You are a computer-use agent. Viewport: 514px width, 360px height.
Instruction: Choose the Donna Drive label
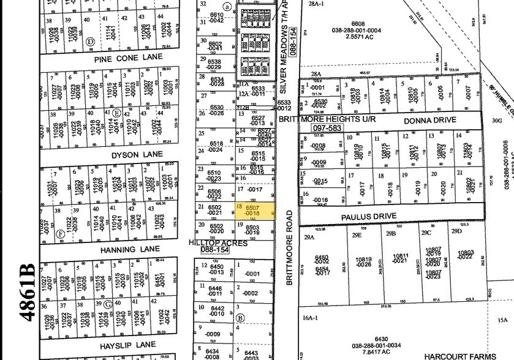pos(429,121)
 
